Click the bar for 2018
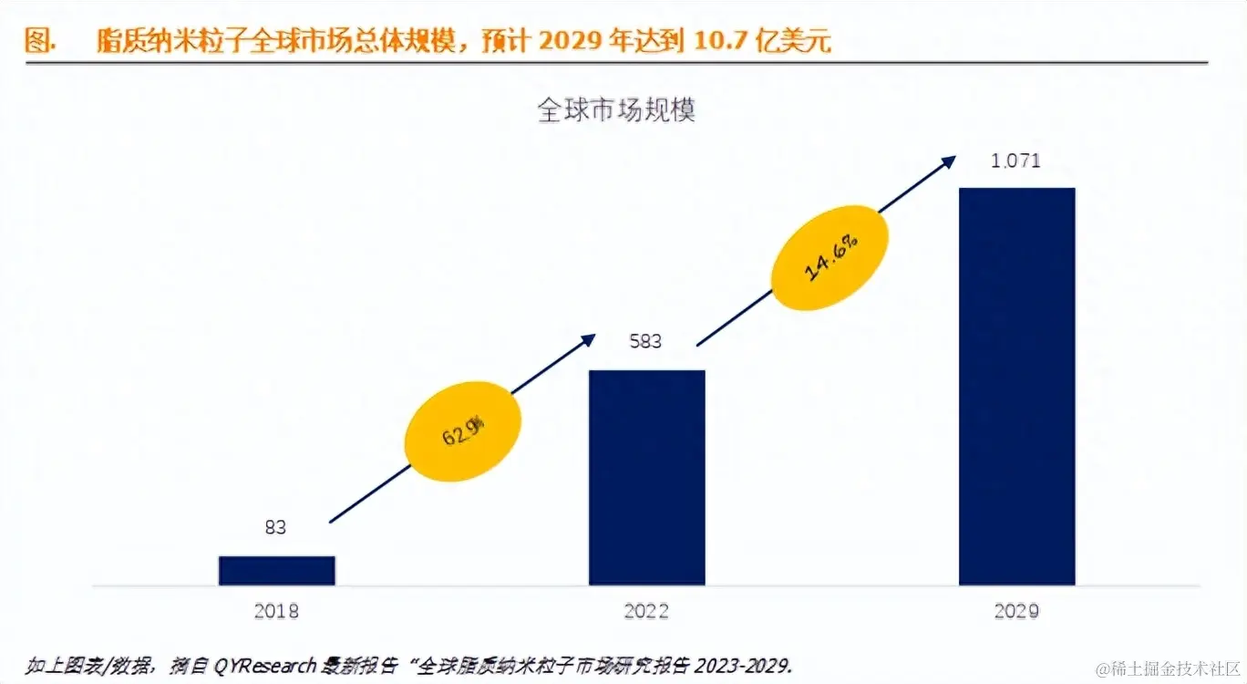(x=277, y=570)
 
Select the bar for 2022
(x=647, y=477)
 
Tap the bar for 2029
(x=1017, y=386)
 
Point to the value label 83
(x=276, y=527)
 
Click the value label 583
(x=646, y=342)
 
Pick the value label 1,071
(x=1016, y=161)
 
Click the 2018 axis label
(x=276, y=611)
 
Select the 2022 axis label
(x=646, y=611)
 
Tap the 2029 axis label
(x=1016, y=611)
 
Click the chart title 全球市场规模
(x=617, y=111)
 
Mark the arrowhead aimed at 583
(x=588, y=340)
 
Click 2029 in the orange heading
(x=570, y=42)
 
